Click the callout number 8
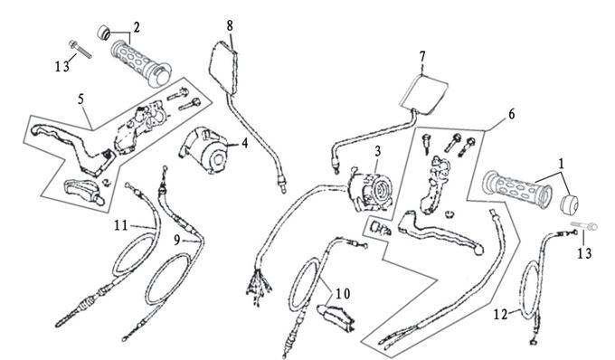pyautogui.click(x=230, y=26)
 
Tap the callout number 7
pyautogui.click(x=422, y=56)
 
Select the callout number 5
pyautogui.click(x=80, y=99)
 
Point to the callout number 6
pyautogui.click(x=512, y=114)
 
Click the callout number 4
pyautogui.click(x=245, y=143)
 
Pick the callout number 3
pyautogui.click(x=377, y=150)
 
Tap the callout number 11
pyautogui.click(x=121, y=225)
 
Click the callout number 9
pyautogui.click(x=177, y=240)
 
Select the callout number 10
pyautogui.click(x=343, y=293)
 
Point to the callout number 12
pyautogui.click(x=500, y=314)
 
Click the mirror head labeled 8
pyautogui.click(x=224, y=68)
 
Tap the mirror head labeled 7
pyautogui.click(x=423, y=94)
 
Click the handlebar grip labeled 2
pyautogui.click(x=141, y=63)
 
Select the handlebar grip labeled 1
pyautogui.click(x=517, y=189)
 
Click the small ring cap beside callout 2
pyautogui.click(x=103, y=33)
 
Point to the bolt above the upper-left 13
pyautogui.click(x=80, y=49)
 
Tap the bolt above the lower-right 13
pyautogui.click(x=583, y=225)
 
